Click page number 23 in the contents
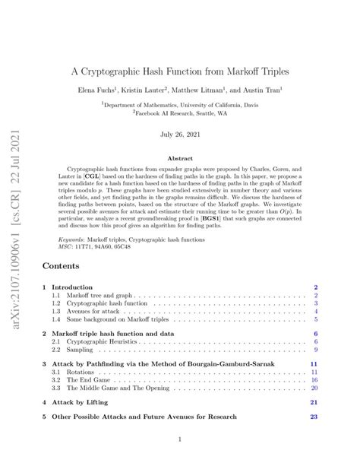click(313, 417)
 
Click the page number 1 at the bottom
click(180, 439)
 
